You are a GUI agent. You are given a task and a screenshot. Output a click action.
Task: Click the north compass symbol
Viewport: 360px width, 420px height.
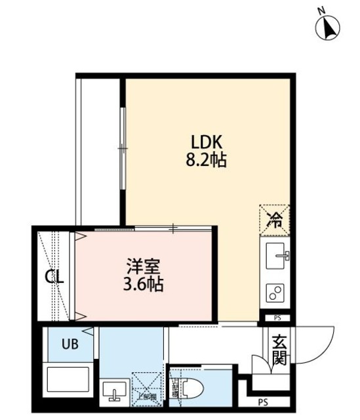click(x=329, y=28)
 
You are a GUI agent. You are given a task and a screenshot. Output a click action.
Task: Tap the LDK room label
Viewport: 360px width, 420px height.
click(x=208, y=142)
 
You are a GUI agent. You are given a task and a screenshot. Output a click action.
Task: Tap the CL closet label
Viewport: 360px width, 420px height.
click(x=54, y=276)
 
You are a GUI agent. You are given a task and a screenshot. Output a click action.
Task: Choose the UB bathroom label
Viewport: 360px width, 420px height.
click(x=70, y=344)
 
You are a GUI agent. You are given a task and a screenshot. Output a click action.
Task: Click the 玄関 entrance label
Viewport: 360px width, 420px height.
click(x=279, y=350)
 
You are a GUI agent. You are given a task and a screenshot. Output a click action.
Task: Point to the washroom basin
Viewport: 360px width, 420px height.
click(x=115, y=392)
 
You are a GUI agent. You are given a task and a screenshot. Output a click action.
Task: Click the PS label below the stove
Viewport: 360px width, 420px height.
click(x=276, y=319)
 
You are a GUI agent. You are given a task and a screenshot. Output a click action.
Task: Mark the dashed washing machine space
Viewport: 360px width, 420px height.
click(x=146, y=387)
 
